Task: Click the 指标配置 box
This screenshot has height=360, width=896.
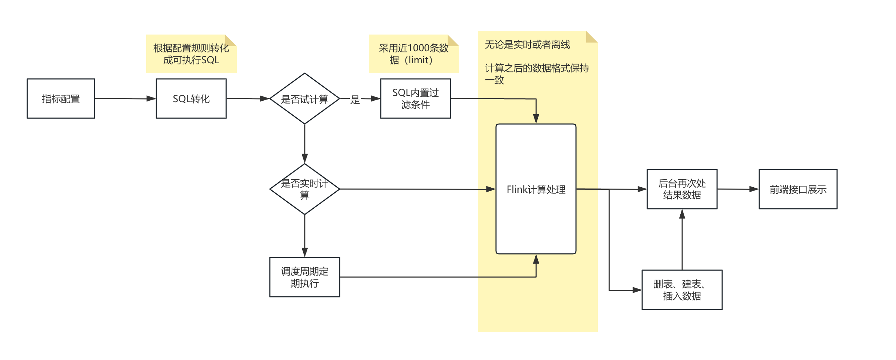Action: [61, 99]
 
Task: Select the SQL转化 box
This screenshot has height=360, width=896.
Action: [191, 99]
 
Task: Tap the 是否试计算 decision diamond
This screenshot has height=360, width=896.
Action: [304, 99]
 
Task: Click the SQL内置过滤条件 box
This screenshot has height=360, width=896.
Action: [415, 99]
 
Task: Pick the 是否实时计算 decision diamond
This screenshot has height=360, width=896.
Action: [304, 189]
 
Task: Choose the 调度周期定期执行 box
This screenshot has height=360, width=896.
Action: [304, 277]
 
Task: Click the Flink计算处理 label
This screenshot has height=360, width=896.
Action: [536, 189]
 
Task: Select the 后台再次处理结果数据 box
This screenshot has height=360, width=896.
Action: [682, 189]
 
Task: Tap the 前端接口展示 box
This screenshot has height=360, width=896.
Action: [798, 189]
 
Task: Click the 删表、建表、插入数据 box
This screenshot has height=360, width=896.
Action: [682, 290]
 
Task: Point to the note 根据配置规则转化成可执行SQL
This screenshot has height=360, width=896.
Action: [191, 54]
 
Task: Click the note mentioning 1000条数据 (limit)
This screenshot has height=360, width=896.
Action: [413, 54]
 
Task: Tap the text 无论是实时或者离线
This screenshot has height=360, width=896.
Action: [527, 45]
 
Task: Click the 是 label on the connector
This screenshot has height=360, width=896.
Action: [355, 99]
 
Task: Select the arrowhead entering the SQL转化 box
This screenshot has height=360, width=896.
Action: [151, 99]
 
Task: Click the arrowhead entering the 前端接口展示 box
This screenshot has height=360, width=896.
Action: [754, 189]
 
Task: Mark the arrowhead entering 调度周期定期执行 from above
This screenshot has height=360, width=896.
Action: [305, 252]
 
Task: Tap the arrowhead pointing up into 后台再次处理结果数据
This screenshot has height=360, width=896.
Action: [682, 214]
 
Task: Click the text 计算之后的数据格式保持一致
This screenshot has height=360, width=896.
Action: [536, 74]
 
